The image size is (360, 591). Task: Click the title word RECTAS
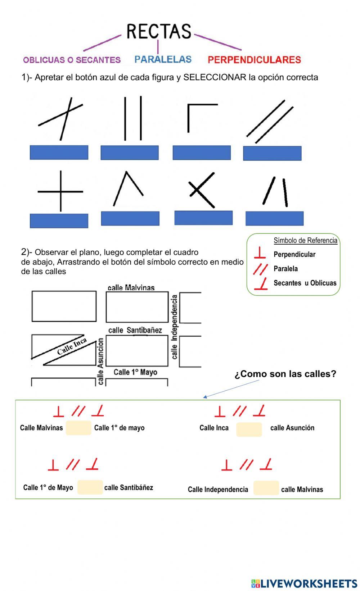pyautogui.click(x=159, y=32)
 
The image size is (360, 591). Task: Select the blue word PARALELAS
pyautogui.click(x=163, y=59)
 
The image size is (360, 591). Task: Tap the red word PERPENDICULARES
pyautogui.click(x=254, y=60)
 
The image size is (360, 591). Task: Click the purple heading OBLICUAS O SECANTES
pyautogui.click(x=72, y=60)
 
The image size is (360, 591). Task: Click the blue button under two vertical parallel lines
pyautogui.click(x=130, y=153)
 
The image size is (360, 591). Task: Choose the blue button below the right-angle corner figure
pyautogui.click(x=202, y=153)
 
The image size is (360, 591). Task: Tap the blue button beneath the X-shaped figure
pyautogui.click(x=203, y=218)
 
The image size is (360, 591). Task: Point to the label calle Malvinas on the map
pyautogui.click(x=131, y=288)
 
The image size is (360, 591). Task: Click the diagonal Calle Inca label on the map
pyautogui.click(x=72, y=346)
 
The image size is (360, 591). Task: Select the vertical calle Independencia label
pyautogui.click(x=175, y=327)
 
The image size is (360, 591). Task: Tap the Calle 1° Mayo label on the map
pyautogui.click(x=135, y=372)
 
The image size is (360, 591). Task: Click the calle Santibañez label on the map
pyautogui.click(x=135, y=330)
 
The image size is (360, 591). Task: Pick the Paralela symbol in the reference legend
pyautogui.click(x=260, y=269)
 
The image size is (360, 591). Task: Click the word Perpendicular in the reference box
pyautogui.click(x=294, y=254)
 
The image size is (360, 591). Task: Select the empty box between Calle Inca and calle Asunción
pyautogui.click(x=249, y=429)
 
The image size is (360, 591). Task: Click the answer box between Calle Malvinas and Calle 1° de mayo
pyautogui.click(x=78, y=428)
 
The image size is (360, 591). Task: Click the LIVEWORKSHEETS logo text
pyautogui.click(x=308, y=583)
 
